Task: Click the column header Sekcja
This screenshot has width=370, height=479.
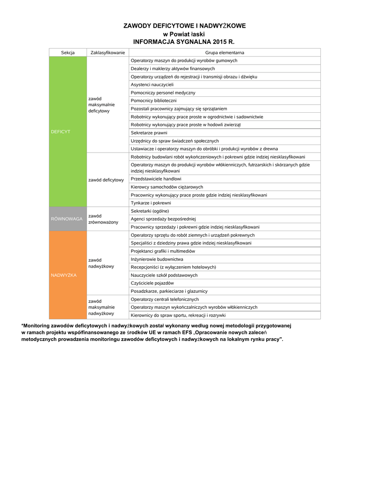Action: coord(68,53)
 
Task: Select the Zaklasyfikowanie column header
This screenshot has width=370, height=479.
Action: coord(107,53)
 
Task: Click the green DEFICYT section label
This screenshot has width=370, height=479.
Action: coord(60,132)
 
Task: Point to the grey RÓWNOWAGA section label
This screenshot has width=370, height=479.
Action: coord(67,218)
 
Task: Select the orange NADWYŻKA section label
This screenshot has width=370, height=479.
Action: coord(64,275)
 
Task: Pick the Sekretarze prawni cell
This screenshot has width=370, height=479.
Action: coord(149,133)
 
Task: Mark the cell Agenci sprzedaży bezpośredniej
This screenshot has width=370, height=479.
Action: coord(163,219)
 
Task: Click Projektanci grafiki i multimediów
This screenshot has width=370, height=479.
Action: coord(163,251)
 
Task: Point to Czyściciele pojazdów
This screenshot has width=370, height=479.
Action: coord(152,283)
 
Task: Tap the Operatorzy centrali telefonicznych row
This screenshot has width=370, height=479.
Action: coord(165,299)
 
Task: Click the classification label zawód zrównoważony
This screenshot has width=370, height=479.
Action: coord(103,219)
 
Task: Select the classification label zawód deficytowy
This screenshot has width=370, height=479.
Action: coord(106,180)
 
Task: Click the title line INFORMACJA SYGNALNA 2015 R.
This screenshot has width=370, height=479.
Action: coord(184,42)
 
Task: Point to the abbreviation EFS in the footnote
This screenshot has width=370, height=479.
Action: coord(189,332)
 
